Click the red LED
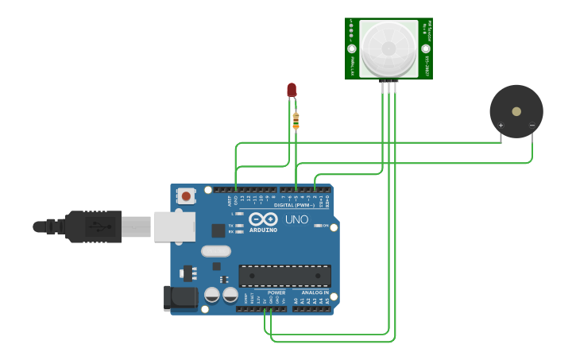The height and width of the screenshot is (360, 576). point(292,90)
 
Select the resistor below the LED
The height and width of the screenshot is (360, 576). point(296,121)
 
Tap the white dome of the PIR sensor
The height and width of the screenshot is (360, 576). point(388,48)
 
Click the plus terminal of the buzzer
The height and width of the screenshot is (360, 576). point(501,126)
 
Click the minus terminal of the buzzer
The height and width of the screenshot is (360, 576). point(532,126)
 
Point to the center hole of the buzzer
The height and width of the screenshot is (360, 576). point(516,111)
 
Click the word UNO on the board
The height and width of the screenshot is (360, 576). point(296,219)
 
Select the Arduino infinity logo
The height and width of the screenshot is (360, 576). point(263,219)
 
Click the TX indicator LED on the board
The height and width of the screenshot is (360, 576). point(239,225)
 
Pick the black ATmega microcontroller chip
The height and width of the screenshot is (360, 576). point(284,276)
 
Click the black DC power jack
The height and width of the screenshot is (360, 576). point(181,298)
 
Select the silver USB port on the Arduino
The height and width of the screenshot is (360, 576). point(174,226)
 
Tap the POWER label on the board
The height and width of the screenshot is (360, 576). point(276,292)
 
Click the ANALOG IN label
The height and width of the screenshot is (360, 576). point(315,292)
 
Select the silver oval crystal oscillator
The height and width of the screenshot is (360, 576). point(215,251)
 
